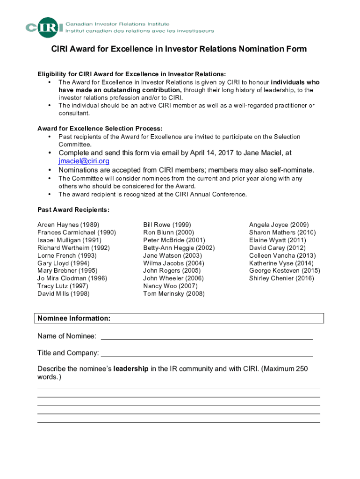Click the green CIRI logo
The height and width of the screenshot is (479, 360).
(x=44, y=28)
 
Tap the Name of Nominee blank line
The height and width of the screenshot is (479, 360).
(x=207, y=336)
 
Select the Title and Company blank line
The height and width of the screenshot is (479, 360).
(x=207, y=353)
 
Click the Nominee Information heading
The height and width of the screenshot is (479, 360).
(x=74, y=319)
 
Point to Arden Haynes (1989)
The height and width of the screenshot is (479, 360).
(x=68, y=225)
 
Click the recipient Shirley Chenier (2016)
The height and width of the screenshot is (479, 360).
(x=281, y=278)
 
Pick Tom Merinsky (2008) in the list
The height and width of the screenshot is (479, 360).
(x=173, y=294)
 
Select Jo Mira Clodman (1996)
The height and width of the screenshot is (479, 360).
(x=72, y=278)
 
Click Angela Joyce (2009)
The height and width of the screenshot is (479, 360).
(x=279, y=225)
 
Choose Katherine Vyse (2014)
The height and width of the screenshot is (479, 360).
(x=281, y=263)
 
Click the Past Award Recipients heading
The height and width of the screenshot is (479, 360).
(x=73, y=210)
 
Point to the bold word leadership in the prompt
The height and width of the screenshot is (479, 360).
(x=131, y=369)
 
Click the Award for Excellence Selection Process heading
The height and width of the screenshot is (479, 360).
(x=100, y=129)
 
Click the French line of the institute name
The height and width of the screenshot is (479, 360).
(x=139, y=31)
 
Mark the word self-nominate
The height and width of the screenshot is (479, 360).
(x=290, y=170)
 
